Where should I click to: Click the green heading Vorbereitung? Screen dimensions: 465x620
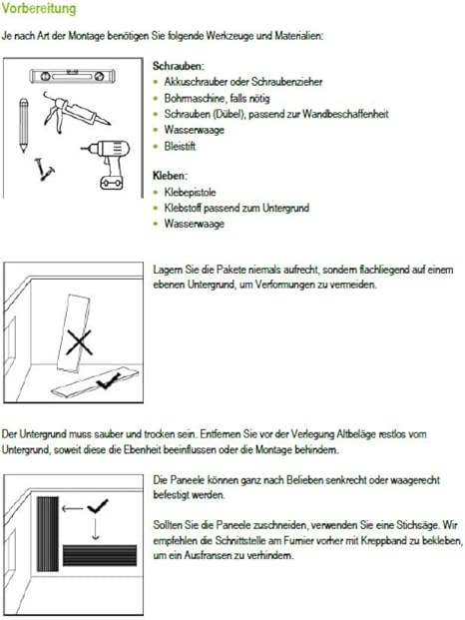coord(39,9)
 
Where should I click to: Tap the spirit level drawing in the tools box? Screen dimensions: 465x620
coord(73,76)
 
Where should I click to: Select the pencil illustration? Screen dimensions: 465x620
coord(24,126)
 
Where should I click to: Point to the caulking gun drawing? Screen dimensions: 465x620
coord(76,112)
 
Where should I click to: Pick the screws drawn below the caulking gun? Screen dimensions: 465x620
coord(44,170)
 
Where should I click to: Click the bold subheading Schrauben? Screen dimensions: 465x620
coord(179,66)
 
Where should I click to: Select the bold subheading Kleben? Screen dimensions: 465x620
coord(170,176)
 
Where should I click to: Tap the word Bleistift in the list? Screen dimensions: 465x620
coord(181,147)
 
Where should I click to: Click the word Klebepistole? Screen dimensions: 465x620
coord(190,193)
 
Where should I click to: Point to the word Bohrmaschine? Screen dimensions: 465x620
coord(196,98)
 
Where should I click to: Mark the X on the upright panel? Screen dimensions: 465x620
coord(79,342)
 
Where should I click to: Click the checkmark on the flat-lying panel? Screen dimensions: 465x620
coord(108,380)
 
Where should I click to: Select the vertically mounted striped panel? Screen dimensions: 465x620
coord(48,534)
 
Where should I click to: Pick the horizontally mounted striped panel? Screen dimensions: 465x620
coord(100,555)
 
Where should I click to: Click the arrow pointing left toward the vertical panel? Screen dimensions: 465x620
coord(72,508)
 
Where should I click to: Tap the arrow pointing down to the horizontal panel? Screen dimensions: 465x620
coord(95,529)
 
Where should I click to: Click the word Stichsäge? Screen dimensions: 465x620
coord(418,525)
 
